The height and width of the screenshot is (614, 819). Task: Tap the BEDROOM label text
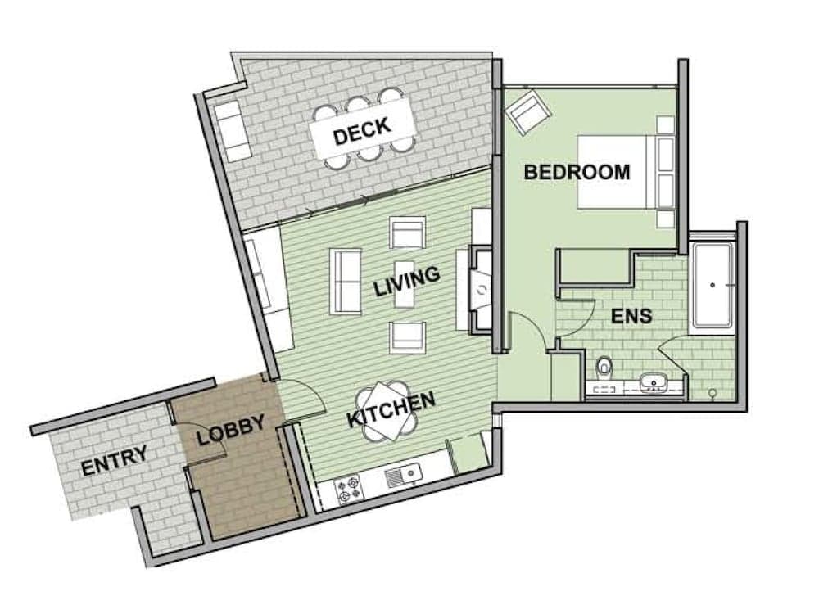pos(577,173)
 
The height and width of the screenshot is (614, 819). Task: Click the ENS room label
pos(631,315)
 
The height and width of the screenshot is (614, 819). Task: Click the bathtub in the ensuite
pos(713,284)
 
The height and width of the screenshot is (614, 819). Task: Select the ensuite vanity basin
pos(654,381)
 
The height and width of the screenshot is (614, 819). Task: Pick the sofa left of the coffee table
pos(346,281)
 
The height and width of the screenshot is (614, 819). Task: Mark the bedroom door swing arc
pos(528,327)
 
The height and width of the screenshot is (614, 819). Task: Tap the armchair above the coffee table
pos(408,233)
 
